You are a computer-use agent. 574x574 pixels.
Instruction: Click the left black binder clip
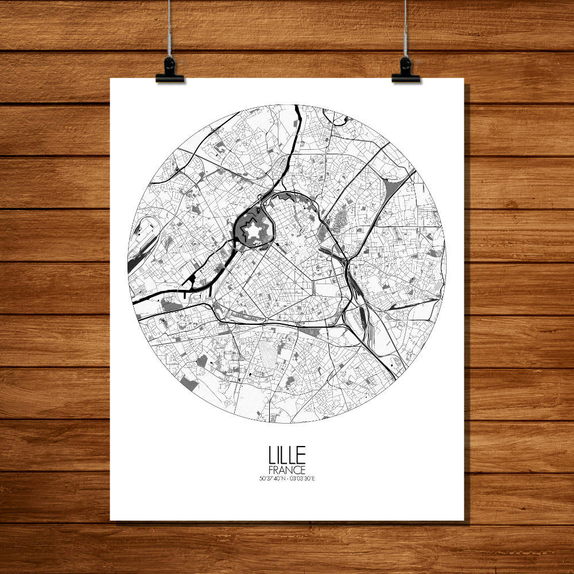click(x=169, y=70)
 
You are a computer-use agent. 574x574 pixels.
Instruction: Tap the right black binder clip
click(x=406, y=70)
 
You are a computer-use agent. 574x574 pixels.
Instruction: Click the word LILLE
click(x=287, y=456)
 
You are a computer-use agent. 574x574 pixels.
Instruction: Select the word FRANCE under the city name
click(x=287, y=470)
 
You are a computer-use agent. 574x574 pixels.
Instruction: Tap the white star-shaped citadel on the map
click(x=253, y=231)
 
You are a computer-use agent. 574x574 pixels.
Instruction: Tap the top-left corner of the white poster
click(x=111, y=79)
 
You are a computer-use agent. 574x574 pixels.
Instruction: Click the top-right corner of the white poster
click(x=463, y=79)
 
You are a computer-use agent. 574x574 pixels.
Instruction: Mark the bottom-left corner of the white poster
click(x=111, y=520)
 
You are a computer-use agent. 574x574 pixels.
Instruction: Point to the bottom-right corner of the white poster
click(x=463, y=520)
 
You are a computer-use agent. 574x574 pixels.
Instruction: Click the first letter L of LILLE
click(x=272, y=456)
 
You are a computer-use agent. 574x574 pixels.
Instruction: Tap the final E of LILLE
click(x=302, y=456)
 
